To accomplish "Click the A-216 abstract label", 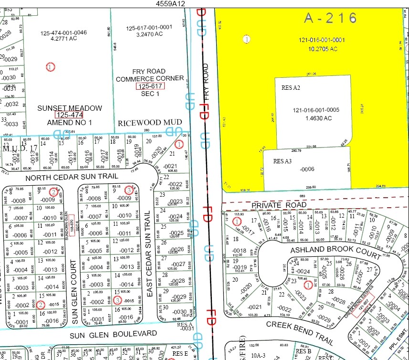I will click(330, 18).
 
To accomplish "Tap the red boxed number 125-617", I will click(150, 86).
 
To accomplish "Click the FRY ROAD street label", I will click(206, 88).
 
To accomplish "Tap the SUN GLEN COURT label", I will click(74, 292).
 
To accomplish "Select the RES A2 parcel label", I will click(291, 88).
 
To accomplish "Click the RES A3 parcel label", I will click(282, 161).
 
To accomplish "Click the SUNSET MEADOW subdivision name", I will click(70, 108).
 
